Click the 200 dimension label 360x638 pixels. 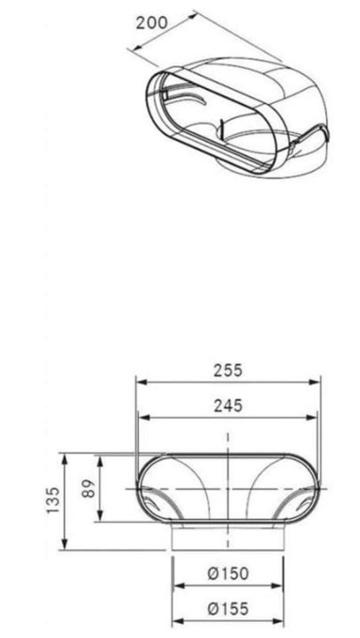pyautogui.click(x=152, y=22)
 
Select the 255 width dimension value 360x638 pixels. pyautogui.click(x=228, y=370)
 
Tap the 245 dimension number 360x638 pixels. pyautogui.click(x=228, y=405)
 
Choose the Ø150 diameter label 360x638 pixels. pyautogui.click(x=228, y=574)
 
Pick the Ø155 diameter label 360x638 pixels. pyautogui.click(x=228, y=610)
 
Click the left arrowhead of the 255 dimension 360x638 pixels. pyautogui.click(x=140, y=381)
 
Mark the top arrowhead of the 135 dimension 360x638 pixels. pyautogui.click(x=64, y=457)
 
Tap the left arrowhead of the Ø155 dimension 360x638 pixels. pyautogui.click(x=176, y=622)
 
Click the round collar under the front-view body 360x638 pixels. pyautogui.click(x=228, y=538)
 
